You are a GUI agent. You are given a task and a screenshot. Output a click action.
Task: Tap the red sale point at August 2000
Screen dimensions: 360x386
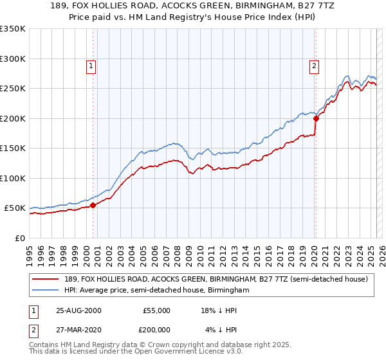[93, 205]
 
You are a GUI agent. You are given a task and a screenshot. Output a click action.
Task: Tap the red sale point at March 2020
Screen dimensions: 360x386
[316, 118]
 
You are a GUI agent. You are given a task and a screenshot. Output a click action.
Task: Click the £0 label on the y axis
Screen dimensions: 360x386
[19, 238]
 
